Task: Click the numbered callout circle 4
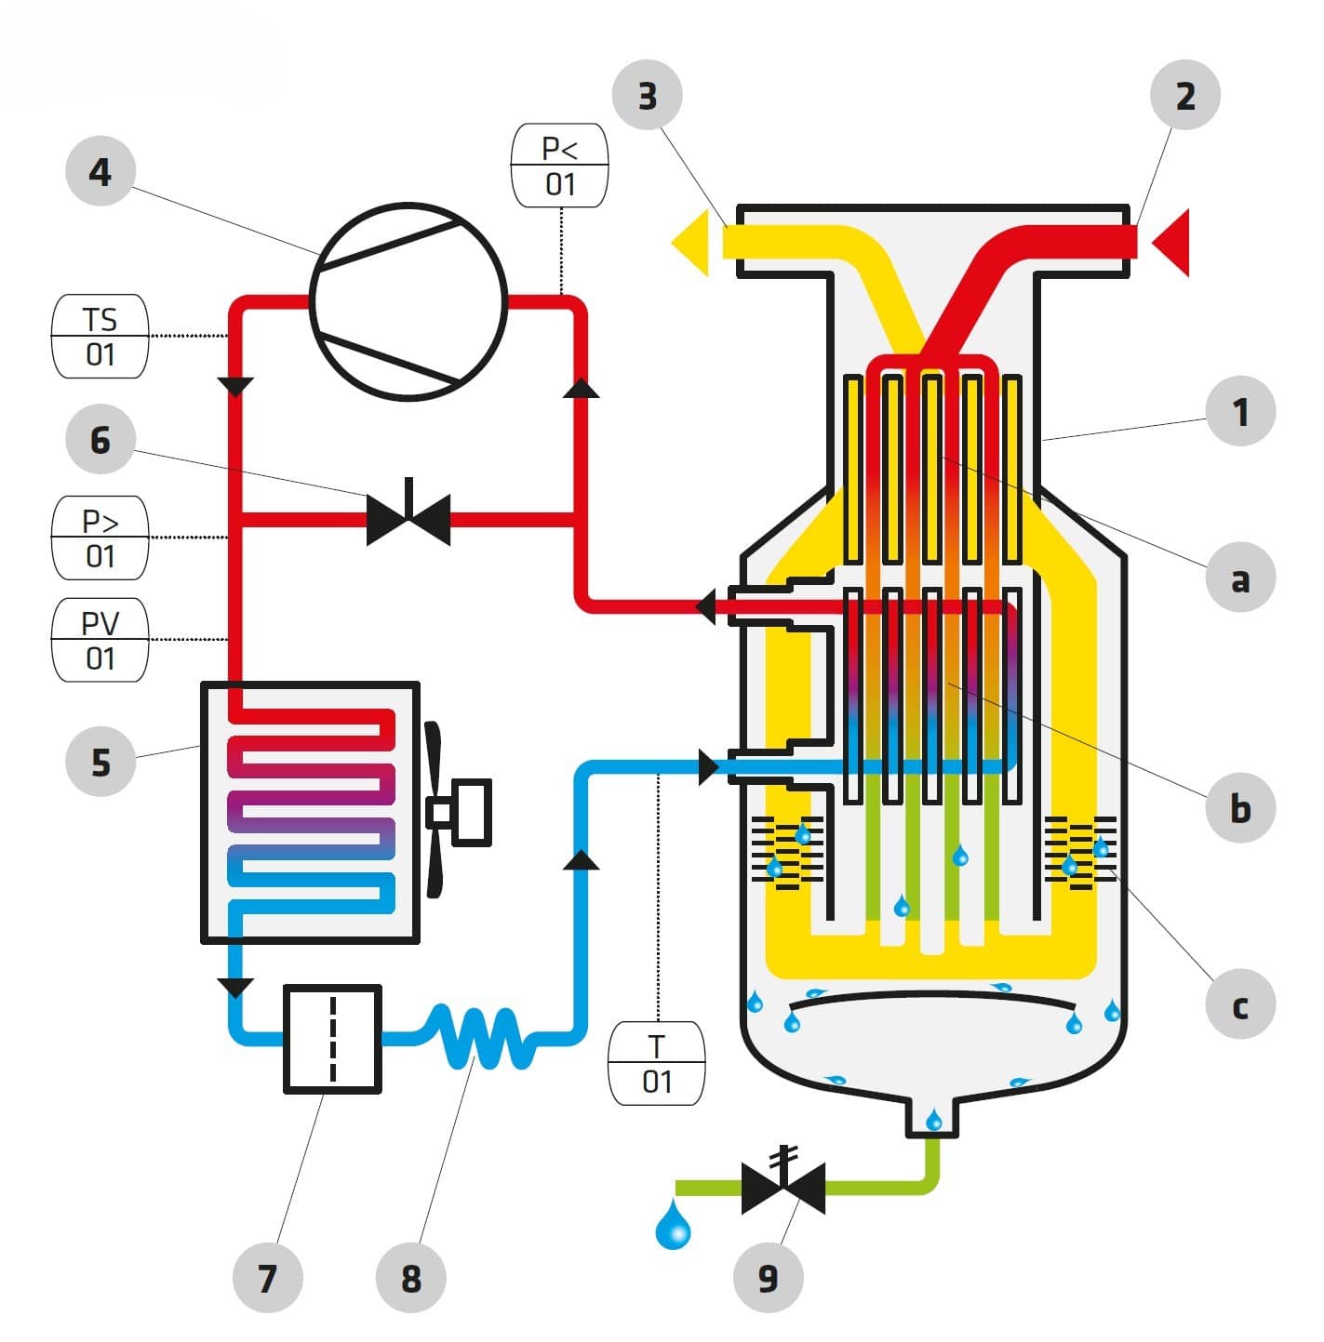point(100,172)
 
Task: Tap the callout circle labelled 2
point(1184,95)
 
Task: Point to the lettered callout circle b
point(1239,808)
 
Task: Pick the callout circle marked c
point(1239,1005)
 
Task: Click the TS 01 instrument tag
point(100,337)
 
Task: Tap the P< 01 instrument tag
point(560,166)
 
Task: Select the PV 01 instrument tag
point(100,640)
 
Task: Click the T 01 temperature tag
point(656,1063)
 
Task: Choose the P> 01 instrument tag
point(100,538)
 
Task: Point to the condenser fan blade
point(434,809)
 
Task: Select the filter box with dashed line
point(332,1038)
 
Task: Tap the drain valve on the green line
point(783,1187)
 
